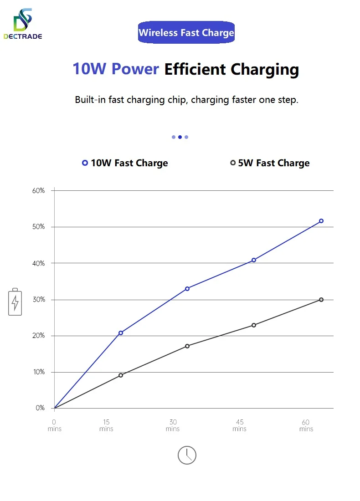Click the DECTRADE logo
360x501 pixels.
pyautogui.click(x=22, y=24)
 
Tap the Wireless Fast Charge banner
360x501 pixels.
pyautogui.click(x=186, y=33)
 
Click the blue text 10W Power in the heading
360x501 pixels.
pyautogui.click(x=116, y=69)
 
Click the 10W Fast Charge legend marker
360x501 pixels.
pyautogui.click(x=85, y=163)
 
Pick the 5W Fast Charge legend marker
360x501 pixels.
pyautogui.click(x=233, y=163)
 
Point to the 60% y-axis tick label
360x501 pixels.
pyautogui.click(x=39, y=190)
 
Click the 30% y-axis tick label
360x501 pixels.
pyautogui.click(x=39, y=300)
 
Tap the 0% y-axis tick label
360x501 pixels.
pyautogui.click(x=40, y=408)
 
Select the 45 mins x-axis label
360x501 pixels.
pyautogui.click(x=240, y=425)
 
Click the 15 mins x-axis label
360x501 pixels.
pyautogui.click(x=106, y=425)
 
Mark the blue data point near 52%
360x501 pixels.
pyautogui.click(x=321, y=221)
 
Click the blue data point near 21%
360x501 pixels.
pyautogui.click(x=121, y=333)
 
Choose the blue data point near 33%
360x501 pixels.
pyautogui.click(x=187, y=289)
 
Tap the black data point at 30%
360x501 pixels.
pyautogui.click(x=321, y=300)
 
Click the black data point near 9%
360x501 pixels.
pyautogui.click(x=121, y=375)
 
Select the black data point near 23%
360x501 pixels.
pyautogui.click(x=254, y=325)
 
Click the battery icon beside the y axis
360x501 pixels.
pyautogui.click(x=15, y=302)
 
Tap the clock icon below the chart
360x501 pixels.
pyautogui.click(x=187, y=455)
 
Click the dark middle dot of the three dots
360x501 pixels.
pyautogui.click(x=180, y=137)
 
